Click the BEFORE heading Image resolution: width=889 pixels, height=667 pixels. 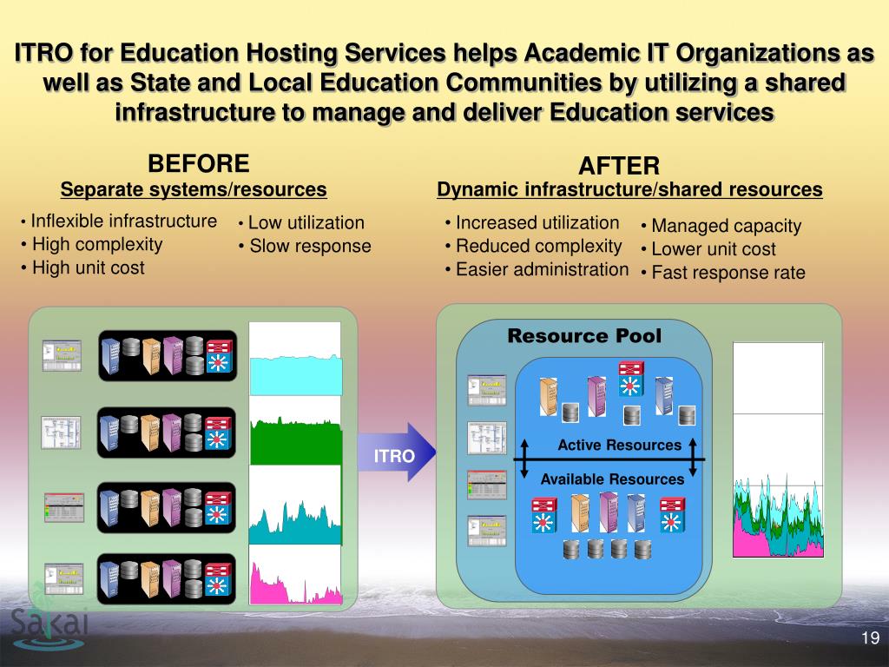(x=198, y=163)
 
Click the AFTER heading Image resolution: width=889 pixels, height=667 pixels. (x=619, y=166)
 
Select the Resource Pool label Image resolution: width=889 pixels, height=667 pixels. (x=583, y=336)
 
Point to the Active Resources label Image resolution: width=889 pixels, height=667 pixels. (x=619, y=446)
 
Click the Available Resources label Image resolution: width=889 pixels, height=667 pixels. (x=612, y=479)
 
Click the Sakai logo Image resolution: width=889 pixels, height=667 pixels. (x=49, y=622)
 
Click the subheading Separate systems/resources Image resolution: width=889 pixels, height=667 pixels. (x=194, y=189)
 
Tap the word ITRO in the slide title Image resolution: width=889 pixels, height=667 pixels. (x=44, y=54)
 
